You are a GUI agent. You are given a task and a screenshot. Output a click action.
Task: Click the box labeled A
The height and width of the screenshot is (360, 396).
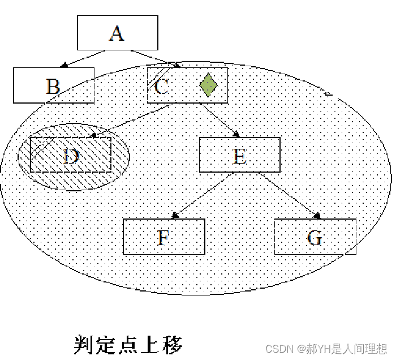click(117, 33)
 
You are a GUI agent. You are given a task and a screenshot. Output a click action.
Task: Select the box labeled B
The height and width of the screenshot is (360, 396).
click(54, 85)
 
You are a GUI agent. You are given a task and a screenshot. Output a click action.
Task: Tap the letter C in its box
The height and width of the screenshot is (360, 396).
click(161, 87)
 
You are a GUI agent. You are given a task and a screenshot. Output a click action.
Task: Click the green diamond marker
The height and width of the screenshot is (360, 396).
click(208, 85)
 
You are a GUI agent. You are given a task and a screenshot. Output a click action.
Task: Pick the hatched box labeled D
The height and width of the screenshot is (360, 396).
click(71, 155)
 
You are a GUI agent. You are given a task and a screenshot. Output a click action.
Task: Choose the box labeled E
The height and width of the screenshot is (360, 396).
click(240, 155)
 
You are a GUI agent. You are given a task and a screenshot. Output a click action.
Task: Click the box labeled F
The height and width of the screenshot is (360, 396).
click(163, 237)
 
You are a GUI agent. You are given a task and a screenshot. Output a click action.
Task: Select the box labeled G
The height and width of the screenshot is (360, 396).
click(315, 237)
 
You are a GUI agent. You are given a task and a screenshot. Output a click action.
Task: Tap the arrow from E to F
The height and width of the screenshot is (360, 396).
click(203, 196)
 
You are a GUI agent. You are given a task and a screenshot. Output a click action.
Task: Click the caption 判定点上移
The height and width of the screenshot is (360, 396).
click(128, 344)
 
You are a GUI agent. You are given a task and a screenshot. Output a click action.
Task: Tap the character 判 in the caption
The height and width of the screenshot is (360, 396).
click(84, 344)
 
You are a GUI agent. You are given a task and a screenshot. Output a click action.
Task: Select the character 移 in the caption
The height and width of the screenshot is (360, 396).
click(173, 344)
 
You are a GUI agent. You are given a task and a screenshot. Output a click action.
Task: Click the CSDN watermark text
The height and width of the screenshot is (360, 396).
click(326, 348)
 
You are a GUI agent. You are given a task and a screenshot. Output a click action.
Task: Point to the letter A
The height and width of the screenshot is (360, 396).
click(116, 33)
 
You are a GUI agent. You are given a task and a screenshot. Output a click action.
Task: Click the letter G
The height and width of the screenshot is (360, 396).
click(315, 238)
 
